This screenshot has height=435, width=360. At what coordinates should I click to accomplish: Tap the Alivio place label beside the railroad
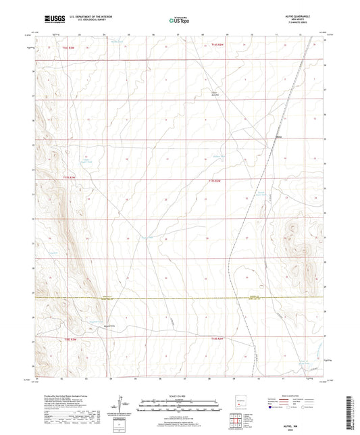click(x=278, y=136)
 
